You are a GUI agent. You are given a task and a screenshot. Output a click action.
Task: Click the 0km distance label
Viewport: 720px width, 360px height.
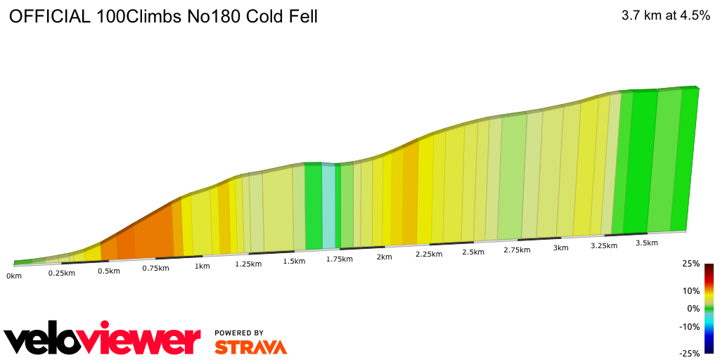[x=14, y=276]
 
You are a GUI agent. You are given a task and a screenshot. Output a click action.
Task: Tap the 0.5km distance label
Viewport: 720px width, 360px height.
[x=109, y=271]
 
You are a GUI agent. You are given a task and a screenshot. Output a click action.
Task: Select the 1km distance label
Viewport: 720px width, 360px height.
[x=202, y=266]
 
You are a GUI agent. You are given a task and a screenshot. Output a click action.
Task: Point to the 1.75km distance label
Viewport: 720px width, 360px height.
[x=339, y=259]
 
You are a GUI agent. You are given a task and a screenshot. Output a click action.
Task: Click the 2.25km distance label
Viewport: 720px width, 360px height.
[x=428, y=254]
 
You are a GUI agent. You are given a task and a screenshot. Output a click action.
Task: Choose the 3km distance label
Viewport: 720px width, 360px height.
[x=560, y=248]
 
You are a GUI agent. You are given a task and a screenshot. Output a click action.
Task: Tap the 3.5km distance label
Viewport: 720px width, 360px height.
[x=646, y=243]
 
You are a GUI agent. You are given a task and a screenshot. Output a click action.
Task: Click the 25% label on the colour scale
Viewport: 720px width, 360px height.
[x=691, y=264]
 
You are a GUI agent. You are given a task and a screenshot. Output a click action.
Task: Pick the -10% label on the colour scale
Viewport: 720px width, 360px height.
[x=690, y=326]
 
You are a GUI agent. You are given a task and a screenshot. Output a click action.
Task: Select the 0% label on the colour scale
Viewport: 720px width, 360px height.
[x=693, y=309]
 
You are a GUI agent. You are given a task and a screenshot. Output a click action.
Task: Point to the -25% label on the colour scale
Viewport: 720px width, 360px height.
[x=690, y=354]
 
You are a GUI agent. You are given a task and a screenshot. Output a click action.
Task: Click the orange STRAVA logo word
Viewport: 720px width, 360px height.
[x=250, y=347]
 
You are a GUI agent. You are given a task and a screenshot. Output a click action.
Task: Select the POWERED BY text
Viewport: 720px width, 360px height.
[x=239, y=333]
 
